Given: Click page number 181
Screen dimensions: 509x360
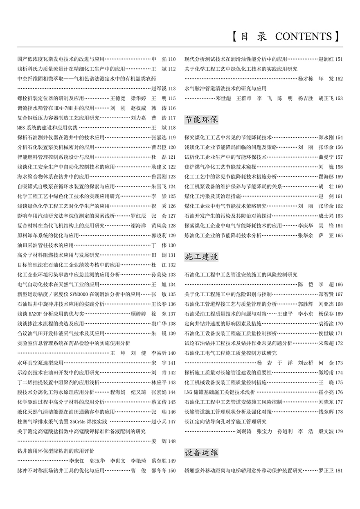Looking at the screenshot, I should click(x=339, y=471).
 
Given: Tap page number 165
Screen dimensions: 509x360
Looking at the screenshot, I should click(x=339, y=235).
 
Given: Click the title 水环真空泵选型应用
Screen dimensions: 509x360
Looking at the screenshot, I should click(x=40, y=363).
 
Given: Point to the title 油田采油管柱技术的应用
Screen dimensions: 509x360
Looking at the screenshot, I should click(x=45, y=245).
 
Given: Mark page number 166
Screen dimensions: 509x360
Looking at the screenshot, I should click(x=339, y=284).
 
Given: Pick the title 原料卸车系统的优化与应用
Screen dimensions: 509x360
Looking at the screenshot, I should click(x=48, y=235).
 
